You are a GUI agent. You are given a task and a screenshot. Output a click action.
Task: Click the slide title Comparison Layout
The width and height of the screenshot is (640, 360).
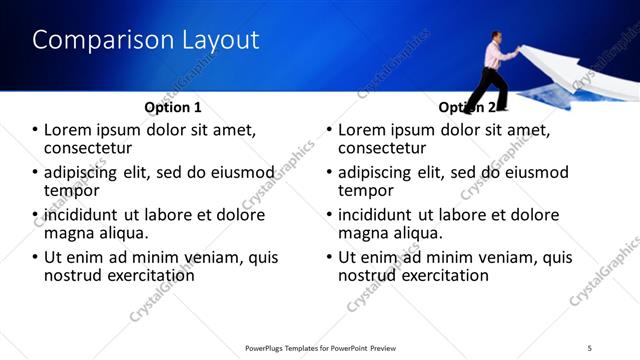pos(146,40)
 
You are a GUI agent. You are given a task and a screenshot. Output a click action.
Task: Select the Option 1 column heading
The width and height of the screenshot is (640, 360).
pos(173,107)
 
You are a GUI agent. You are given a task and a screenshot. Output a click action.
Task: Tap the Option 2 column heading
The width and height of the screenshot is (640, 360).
pos(467,107)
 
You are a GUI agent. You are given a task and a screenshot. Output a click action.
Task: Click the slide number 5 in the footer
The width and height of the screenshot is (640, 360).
pos(590,348)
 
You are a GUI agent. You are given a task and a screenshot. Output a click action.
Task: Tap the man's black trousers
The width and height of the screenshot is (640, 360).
pos(489,88)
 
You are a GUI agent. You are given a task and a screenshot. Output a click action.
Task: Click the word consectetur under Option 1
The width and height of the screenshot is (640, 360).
pos(91,148)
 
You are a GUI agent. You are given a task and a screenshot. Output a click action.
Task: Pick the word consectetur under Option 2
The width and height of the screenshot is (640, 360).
pos(385,148)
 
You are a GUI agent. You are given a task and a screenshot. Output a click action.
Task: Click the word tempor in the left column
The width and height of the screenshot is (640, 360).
pos(71,191)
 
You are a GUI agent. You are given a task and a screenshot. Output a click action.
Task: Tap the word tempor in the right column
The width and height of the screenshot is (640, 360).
pos(366,191)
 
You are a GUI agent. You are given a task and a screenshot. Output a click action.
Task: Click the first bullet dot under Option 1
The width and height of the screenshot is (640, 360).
pos(36,131)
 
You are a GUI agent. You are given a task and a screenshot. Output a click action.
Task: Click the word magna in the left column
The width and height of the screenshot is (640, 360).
pos(71,233)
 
